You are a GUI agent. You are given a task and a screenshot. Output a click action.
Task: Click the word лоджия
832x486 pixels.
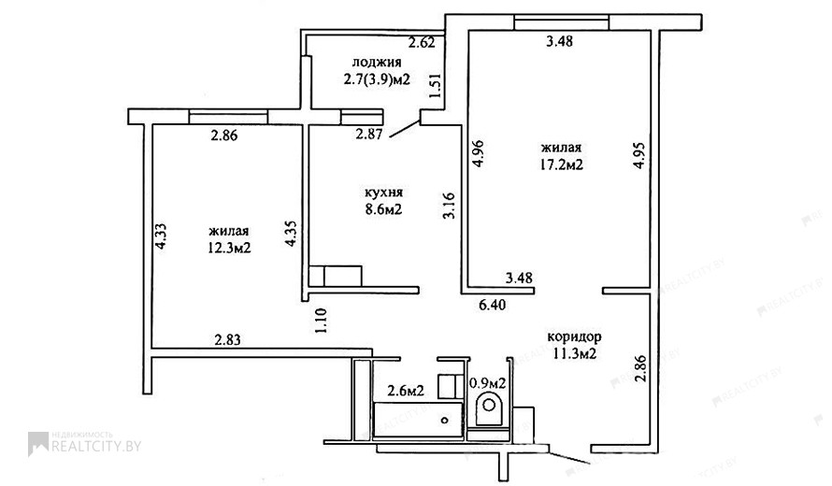click(377, 63)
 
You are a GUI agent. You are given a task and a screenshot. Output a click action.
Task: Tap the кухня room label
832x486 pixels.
click(383, 192)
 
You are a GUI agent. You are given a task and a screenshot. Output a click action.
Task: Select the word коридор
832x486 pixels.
click(574, 336)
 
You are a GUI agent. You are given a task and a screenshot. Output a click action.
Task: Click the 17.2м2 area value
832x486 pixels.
click(562, 165)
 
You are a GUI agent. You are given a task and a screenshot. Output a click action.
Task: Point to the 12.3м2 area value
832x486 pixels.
click(229, 248)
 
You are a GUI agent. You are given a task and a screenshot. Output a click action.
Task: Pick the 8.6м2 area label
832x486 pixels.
click(383, 209)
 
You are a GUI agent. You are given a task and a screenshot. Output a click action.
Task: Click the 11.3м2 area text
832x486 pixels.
click(575, 354)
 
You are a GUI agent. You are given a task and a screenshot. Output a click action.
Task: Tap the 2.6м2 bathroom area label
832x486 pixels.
click(406, 392)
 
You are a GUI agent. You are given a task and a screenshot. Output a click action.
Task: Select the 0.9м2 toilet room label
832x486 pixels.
click(488, 382)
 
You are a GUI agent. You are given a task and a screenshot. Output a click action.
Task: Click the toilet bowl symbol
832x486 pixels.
click(489, 407)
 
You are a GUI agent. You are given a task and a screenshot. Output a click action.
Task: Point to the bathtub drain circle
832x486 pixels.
click(445, 421)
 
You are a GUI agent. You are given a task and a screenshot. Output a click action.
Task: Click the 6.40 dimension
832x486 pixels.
click(492, 305)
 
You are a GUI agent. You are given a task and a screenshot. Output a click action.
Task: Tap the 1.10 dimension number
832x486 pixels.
click(321, 321)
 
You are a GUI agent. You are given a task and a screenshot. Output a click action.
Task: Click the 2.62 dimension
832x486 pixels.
click(422, 42)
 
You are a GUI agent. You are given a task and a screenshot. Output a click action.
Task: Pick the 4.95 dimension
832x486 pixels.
click(639, 155)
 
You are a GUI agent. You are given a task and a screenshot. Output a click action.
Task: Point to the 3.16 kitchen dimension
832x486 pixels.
click(450, 206)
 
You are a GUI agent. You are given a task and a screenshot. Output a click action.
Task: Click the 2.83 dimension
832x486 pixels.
click(228, 339)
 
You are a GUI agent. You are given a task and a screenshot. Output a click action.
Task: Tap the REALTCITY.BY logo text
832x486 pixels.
click(96, 446)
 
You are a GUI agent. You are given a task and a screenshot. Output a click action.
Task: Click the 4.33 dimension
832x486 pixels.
click(161, 236)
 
